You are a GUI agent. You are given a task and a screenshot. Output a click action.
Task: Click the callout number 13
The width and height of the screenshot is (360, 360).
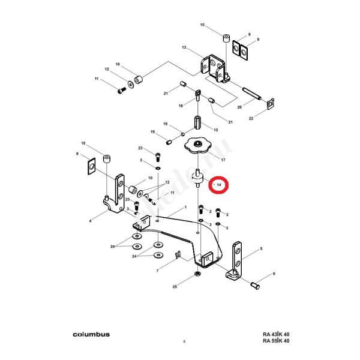[x=184, y=47]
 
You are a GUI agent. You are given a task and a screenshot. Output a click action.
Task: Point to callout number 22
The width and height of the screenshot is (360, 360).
[x=251, y=119]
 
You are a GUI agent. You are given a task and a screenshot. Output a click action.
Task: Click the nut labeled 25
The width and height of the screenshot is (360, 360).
[x=197, y=275]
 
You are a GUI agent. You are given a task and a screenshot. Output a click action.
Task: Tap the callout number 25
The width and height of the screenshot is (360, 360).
[x=175, y=287]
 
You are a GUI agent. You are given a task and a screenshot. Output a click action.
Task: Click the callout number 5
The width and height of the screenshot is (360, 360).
[x=261, y=248]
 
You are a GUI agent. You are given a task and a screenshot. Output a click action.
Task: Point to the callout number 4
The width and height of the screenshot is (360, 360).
[x=91, y=221]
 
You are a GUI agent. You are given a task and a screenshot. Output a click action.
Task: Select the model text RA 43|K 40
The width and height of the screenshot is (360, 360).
[x=276, y=334]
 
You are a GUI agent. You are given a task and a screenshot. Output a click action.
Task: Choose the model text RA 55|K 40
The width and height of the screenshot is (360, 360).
[x=276, y=341]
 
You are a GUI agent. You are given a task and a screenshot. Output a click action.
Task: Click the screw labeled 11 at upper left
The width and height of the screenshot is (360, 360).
[x=119, y=90]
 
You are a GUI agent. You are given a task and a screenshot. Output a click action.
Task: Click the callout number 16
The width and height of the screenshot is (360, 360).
[x=180, y=106]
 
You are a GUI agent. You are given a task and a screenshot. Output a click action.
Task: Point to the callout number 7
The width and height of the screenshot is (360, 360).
[x=157, y=271]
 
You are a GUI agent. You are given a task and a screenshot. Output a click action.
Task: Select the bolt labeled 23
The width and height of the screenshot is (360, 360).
[x=158, y=158]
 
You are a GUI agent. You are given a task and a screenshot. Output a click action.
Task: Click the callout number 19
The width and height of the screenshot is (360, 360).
[x=153, y=131]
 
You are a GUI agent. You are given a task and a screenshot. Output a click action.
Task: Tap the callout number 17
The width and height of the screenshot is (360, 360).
[x=223, y=161]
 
